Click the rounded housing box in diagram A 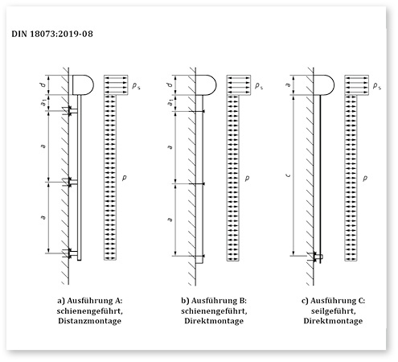tap(83, 83)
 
